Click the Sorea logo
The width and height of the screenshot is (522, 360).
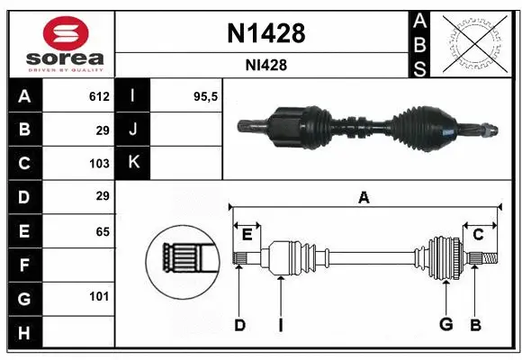59,43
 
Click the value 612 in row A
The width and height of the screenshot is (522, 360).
99,96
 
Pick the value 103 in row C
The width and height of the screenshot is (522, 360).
99,164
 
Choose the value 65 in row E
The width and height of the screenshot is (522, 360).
103,231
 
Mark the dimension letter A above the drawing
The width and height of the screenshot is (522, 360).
364,198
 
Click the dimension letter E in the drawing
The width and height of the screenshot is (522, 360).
247,235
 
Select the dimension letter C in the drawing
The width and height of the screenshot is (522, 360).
479,235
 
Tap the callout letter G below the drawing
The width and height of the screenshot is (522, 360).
445,325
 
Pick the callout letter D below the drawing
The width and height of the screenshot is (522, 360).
239,325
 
